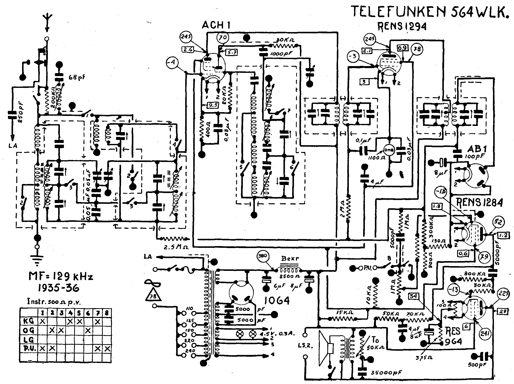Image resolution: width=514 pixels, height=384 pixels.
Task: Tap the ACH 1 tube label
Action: [x=216, y=25]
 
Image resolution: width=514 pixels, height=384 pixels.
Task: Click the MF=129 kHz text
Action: [x=61, y=277]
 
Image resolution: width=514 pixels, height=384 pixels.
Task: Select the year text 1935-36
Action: [x=58, y=288]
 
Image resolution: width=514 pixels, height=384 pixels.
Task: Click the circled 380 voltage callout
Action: [x=263, y=257]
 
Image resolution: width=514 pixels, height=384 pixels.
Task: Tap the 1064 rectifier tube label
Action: [x=278, y=300]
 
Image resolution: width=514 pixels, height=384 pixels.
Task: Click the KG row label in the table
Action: [x=28, y=321]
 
